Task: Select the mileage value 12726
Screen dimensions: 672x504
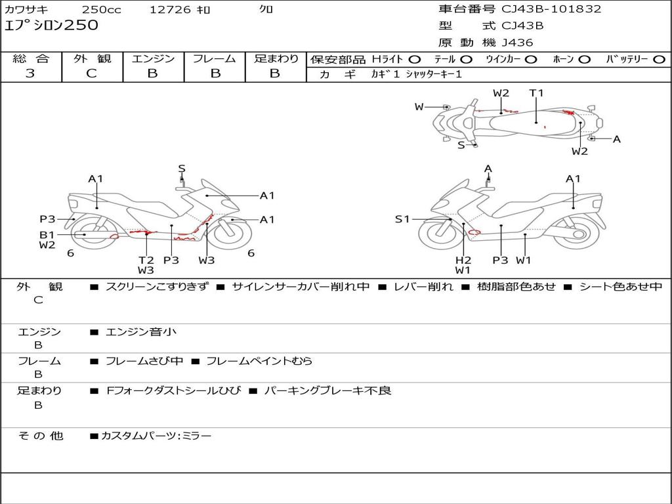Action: (x=170, y=10)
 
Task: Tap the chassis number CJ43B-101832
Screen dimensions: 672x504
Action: (x=551, y=9)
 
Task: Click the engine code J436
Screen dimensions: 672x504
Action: (x=517, y=43)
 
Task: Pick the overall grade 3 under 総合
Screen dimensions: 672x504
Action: (x=30, y=73)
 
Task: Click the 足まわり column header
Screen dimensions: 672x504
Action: (x=276, y=59)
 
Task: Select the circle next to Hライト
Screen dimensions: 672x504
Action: (x=415, y=60)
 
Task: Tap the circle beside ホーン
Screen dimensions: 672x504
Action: (x=585, y=60)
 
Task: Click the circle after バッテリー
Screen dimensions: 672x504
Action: (x=659, y=60)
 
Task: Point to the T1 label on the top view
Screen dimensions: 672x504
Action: (x=536, y=93)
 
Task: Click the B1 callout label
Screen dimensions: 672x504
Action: (x=47, y=234)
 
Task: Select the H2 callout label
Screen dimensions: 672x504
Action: (x=463, y=260)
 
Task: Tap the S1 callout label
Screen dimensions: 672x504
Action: (x=402, y=219)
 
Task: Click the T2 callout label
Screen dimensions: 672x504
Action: (x=146, y=260)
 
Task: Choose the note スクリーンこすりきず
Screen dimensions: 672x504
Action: (x=156, y=287)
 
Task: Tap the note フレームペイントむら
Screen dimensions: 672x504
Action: (x=259, y=361)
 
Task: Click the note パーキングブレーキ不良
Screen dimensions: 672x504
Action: (x=327, y=390)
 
